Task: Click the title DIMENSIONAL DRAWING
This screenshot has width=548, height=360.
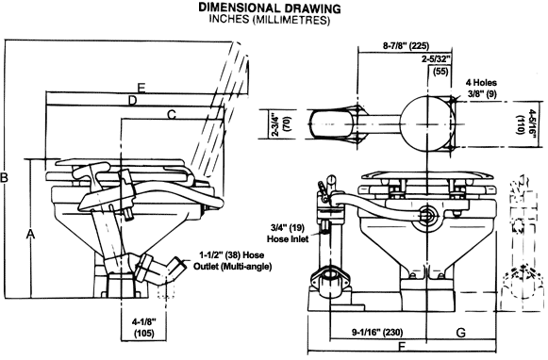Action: click(x=270, y=8)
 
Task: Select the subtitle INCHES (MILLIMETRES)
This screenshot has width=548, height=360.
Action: click(x=270, y=19)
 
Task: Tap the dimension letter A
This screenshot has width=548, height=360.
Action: click(x=31, y=235)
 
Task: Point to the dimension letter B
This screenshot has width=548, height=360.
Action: click(x=4, y=178)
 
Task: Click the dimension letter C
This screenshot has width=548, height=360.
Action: click(x=172, y=115)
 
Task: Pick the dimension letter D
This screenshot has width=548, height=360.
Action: click(x=132, y=101)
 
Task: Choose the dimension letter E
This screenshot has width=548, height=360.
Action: click(x=141, y=88)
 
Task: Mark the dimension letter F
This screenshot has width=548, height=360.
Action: click(x=402, y=347)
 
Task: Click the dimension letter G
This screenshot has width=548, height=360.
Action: click(x=461, y=333)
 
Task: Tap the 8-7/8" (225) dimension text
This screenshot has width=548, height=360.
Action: click(x=407, y=46)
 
